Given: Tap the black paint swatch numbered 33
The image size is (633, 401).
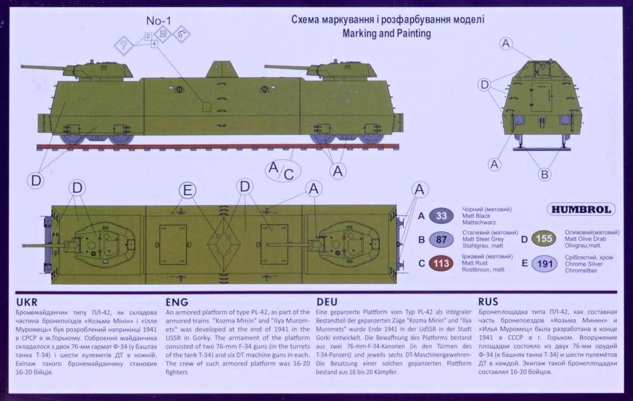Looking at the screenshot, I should (x=442, y=216).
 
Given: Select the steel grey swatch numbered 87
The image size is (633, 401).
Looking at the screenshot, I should (x=442, y=239).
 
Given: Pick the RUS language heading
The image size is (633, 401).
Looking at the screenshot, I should (x=492, y=302).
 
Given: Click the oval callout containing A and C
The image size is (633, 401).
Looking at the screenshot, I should (x=282, y=170).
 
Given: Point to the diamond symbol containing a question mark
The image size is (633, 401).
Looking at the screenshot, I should (x=123, y=45).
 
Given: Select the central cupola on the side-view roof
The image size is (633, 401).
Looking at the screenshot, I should (x=222, y=70).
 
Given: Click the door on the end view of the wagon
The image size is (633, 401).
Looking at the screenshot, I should (x=541, y=97).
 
